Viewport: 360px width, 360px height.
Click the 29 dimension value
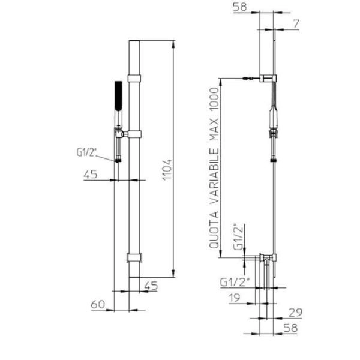[295, 312]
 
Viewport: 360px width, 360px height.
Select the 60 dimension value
[98, 305]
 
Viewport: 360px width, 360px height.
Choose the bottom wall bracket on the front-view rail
[135, 258]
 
